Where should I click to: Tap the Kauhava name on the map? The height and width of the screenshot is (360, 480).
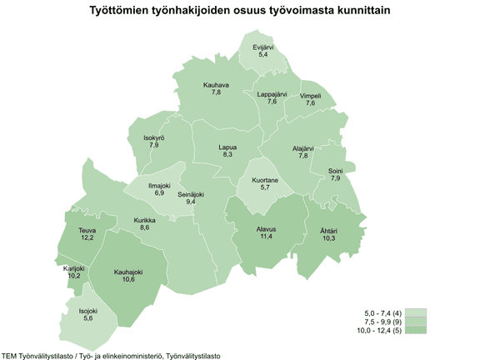(x=217, y=84)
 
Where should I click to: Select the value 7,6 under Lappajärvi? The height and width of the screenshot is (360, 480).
(x=272, y=102)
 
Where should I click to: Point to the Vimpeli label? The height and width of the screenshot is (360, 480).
(x=311, y=95)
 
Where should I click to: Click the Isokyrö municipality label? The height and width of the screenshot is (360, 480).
(x=154, y=137)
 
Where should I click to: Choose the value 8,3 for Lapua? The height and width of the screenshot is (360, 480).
(x=228, y=155)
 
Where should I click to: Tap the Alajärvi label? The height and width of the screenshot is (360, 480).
(x=303, y=148)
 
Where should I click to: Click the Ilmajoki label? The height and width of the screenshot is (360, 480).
(x=159, y=185)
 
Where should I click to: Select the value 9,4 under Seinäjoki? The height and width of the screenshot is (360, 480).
(x=191, y=202)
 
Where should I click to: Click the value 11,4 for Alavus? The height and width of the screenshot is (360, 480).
(x=267, y=237)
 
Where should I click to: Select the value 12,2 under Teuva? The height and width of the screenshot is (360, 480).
(x=87, y=237)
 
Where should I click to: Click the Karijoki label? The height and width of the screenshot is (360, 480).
(x=74, y=268)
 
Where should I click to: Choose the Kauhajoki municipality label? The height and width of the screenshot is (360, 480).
(x=128, y=272)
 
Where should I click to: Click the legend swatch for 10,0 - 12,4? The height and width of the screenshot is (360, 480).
(x=416, y=332)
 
